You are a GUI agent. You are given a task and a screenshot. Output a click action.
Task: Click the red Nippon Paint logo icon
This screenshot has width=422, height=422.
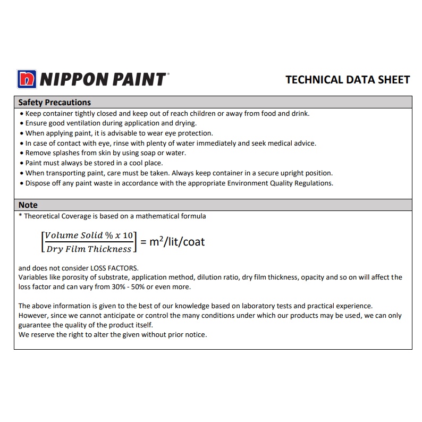coord(26,79)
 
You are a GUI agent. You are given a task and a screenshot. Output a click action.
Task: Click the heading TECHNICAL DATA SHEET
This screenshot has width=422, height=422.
coord(348,80)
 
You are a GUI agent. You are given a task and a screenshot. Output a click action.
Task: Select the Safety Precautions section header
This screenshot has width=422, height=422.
coord(55,102)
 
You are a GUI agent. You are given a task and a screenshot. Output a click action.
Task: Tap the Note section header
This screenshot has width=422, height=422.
coord(28,205)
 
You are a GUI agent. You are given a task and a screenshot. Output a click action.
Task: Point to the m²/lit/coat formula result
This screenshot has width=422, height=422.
coord(176,242)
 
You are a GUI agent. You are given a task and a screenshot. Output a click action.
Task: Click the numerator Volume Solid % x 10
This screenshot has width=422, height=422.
coord(89,235)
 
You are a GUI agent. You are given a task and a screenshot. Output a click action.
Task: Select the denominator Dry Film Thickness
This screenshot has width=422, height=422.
coord(88,249)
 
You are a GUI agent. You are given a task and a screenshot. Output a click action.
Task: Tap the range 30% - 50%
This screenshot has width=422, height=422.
coord(118,286)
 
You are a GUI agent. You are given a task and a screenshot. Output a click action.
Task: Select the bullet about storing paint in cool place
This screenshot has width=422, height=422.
coord(94,163)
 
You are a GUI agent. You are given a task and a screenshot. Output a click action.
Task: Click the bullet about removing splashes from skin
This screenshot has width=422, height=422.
coord(106,153)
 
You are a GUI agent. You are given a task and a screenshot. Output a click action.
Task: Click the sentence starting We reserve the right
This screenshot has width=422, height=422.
coord(112,334)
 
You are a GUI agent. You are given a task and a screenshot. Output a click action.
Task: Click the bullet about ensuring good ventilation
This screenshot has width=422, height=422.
coord(111,123)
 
